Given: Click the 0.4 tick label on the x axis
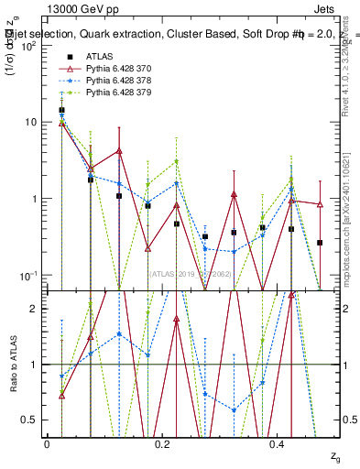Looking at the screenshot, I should click(x=279, y=444).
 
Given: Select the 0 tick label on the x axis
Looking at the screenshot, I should click(x=47, y=444).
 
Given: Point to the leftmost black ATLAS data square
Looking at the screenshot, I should click(x=61, y=110).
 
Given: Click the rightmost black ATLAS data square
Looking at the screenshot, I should click(x=320, y=243).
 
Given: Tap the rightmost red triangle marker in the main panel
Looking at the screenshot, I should click(x=320, y=204).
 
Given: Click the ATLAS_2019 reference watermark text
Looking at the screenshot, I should click(x=190, y=273).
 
